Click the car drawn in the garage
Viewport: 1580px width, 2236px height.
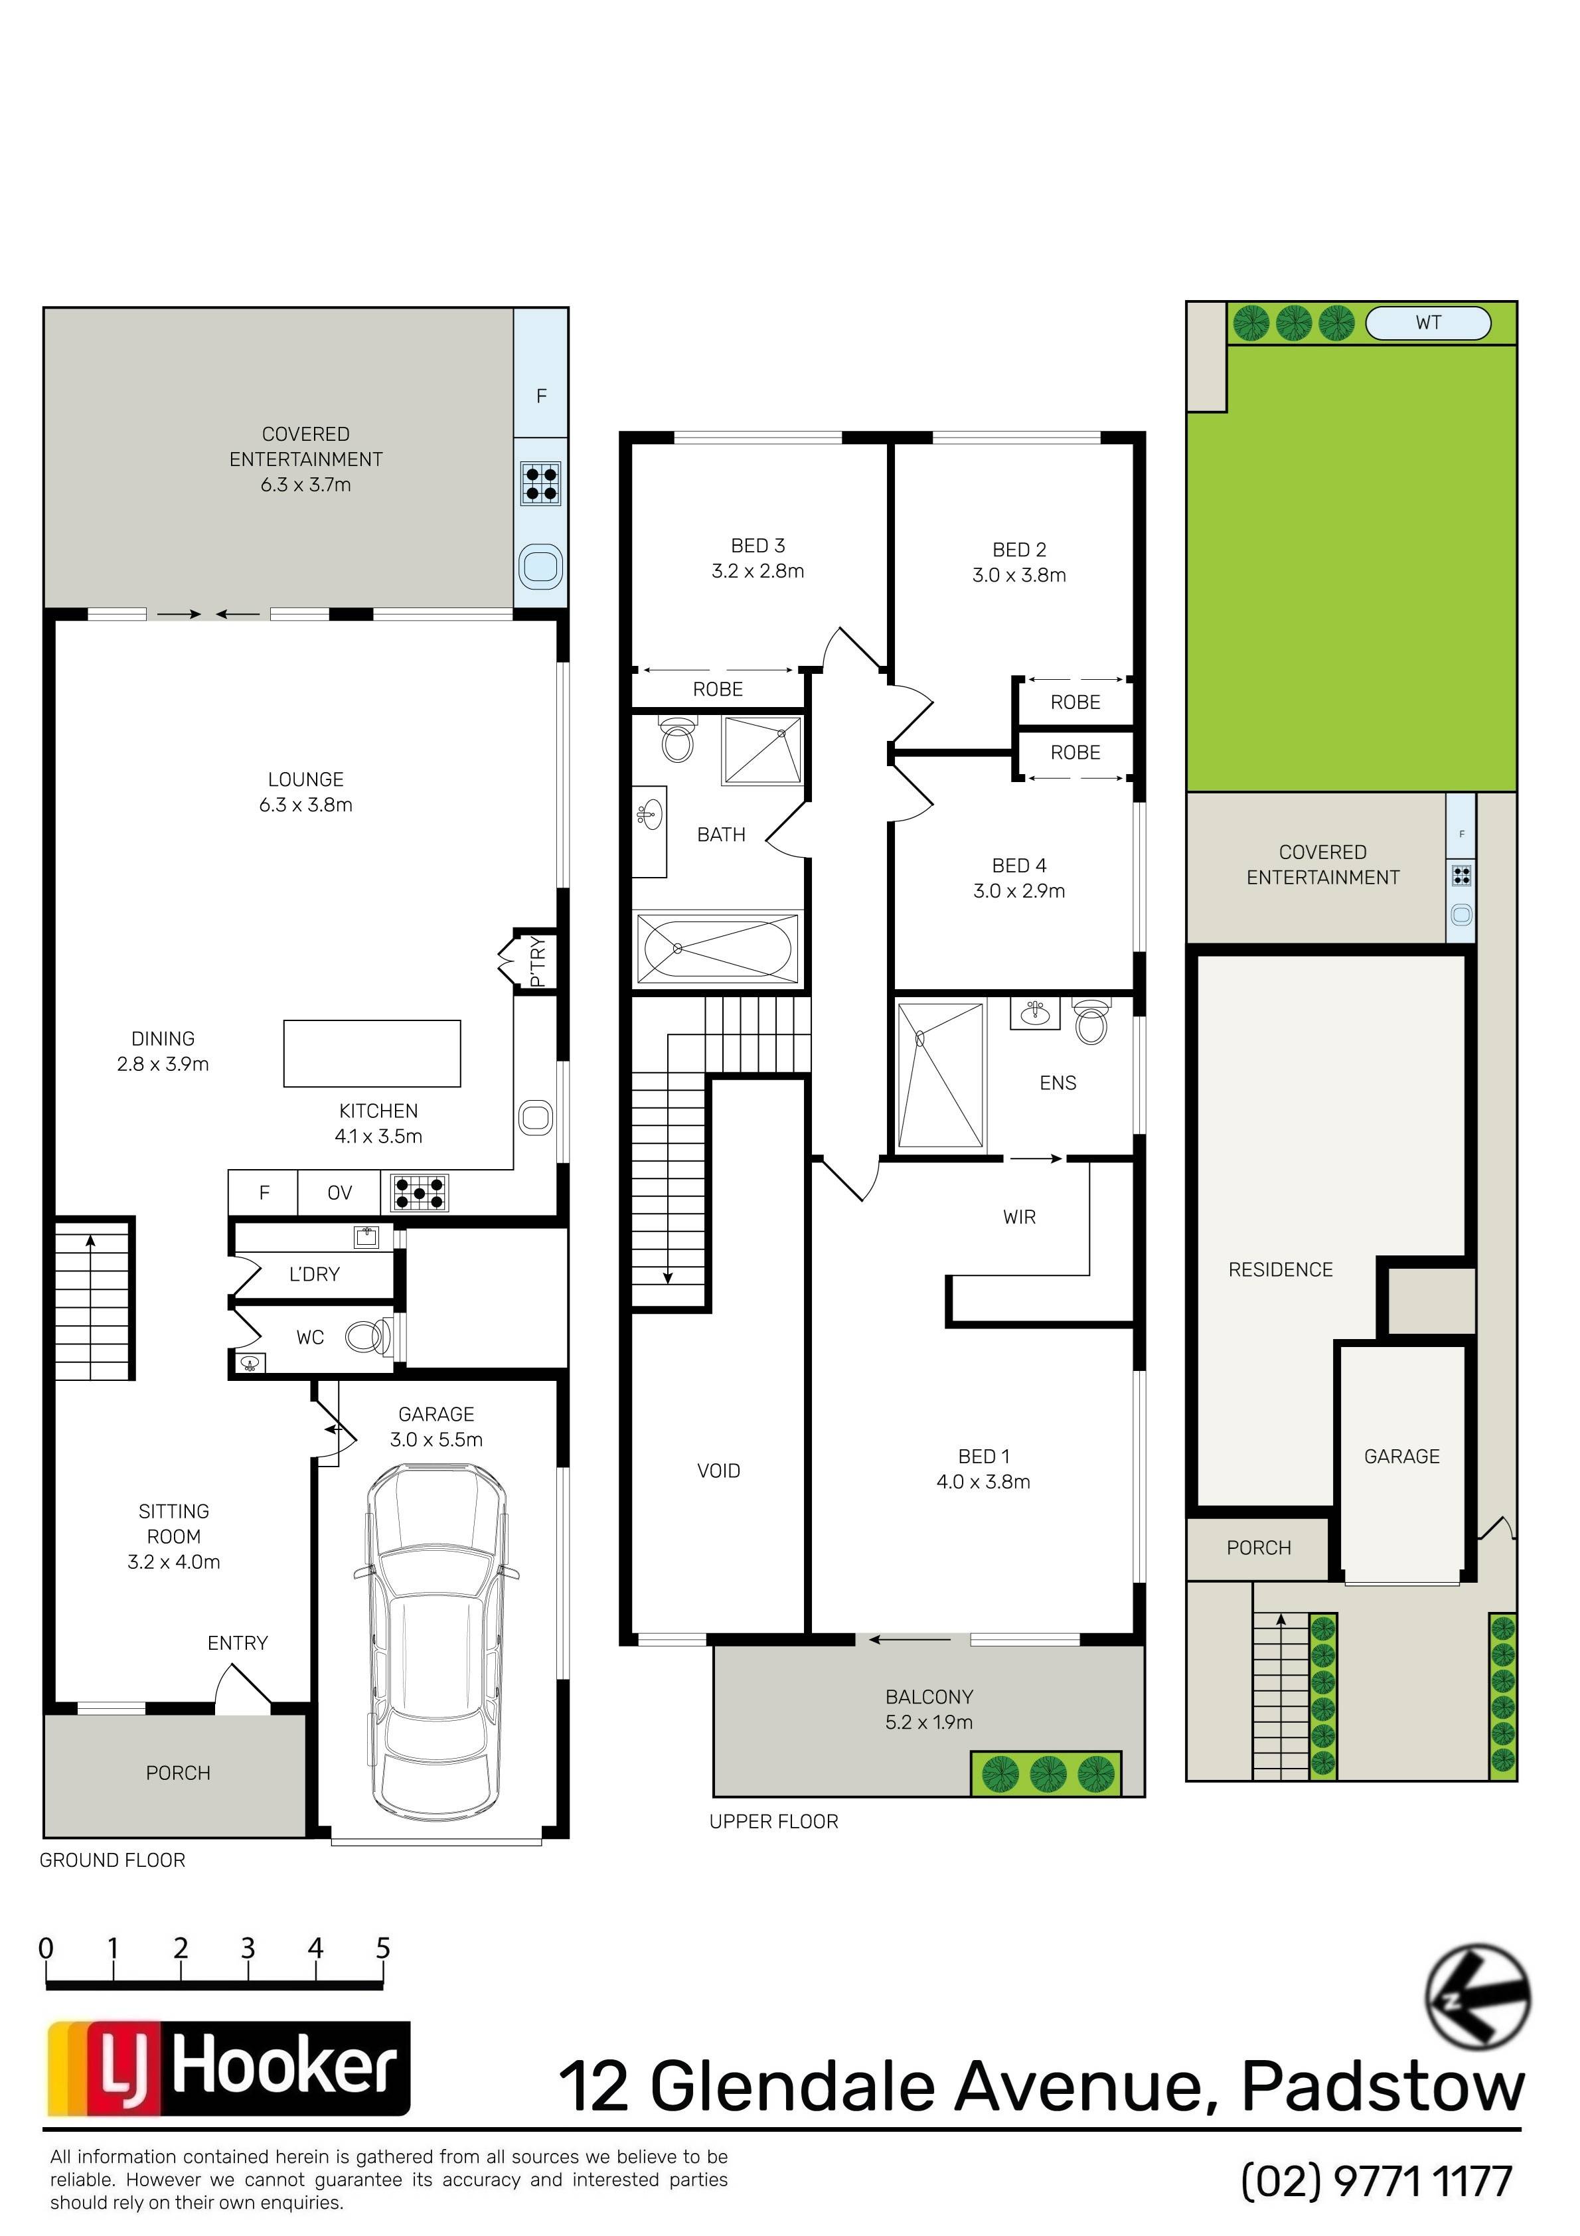click(x=435, y=1644)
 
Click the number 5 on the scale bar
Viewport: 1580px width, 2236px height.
click(x=383, y=1948)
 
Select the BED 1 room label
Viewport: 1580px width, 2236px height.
click(x=984, y=1456)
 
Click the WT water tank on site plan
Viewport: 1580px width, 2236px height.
click(x=1428, y=323)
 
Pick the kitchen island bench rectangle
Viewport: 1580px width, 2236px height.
click(x=372, y=1053)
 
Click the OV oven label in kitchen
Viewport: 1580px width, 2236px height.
click(x=339, y=1193)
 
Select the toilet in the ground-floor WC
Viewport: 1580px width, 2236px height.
click(x=369, y=1337)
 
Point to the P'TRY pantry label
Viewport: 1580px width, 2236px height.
click(x=536, y=961)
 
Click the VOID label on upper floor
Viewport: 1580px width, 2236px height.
click(x=719, y=1471)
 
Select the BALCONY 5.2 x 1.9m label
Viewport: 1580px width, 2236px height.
click(x=929, y=1709)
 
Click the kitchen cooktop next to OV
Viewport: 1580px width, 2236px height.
click(x=420, y=1191)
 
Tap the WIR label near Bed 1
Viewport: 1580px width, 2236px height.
click(x=1019, y=1216)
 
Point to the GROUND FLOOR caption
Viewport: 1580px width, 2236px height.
click(x=112, y=1860)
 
